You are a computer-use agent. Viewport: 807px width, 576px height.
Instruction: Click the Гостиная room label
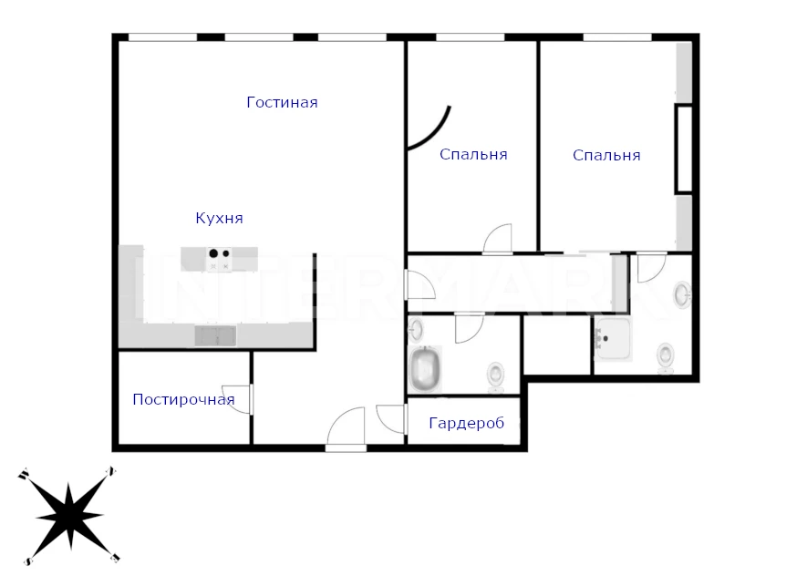[282, 102]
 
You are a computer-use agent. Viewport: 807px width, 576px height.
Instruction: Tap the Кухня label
[219, 218]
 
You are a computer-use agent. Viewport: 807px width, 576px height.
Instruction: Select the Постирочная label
[183, 399]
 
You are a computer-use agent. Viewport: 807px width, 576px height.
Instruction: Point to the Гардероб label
[466, 423]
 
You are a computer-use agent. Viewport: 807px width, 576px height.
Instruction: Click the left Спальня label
[473, 154]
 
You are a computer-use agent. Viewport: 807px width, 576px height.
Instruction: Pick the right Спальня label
[606, 155]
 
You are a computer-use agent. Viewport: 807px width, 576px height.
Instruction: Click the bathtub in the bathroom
[425, 368]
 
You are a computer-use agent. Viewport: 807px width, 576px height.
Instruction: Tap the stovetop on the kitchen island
[219, 259]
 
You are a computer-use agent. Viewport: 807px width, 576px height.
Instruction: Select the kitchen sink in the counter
[215, 335]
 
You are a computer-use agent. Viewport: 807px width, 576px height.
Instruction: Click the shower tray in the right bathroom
[613, 339]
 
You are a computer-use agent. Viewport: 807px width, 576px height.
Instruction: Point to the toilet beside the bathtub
[496, 376]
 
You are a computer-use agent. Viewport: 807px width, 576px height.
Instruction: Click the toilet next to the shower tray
[666, 357]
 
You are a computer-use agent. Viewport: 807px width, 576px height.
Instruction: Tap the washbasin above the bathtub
[416, 330]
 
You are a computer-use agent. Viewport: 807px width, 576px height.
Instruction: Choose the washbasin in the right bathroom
[683, 294]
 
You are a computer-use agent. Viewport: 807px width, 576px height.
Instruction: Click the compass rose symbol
[69, 516]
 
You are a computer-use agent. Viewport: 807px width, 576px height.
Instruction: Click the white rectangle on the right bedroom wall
[684, 149]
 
